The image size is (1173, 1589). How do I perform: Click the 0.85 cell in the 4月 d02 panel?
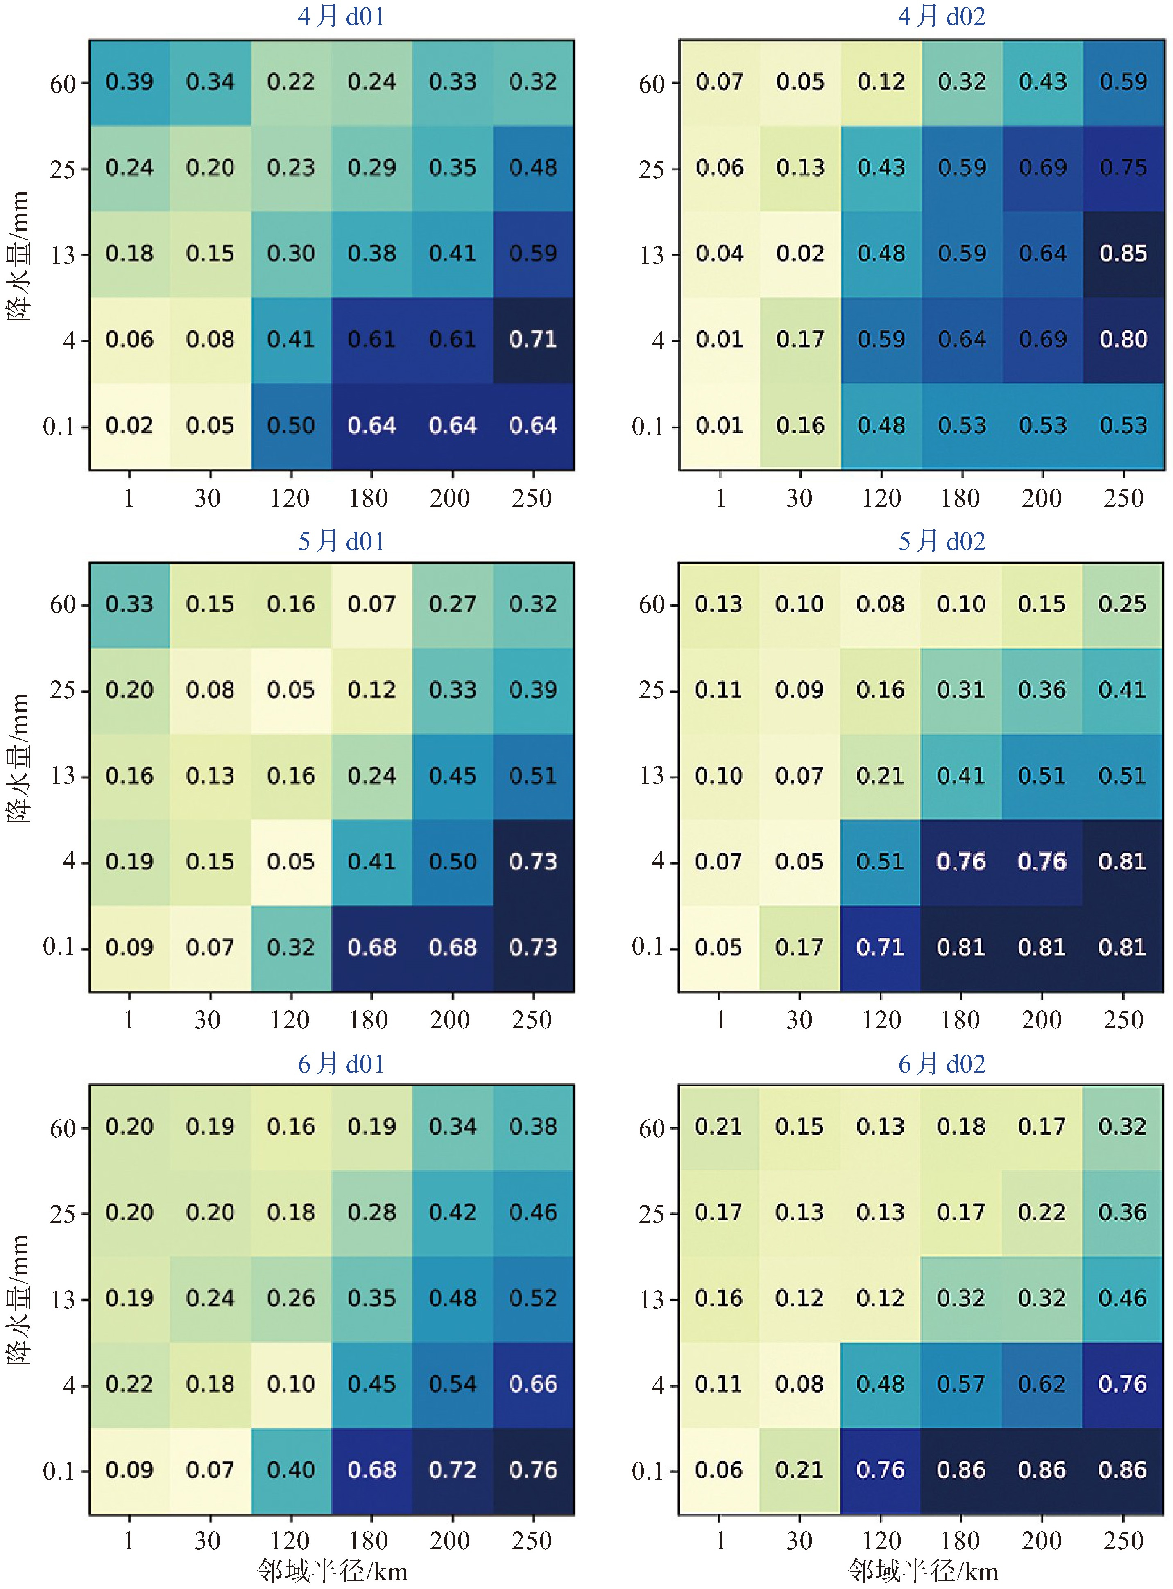pos(1123,254)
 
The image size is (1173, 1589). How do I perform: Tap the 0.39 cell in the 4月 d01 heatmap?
pos(129,81)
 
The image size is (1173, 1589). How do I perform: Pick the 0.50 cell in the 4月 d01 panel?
pos(291,425)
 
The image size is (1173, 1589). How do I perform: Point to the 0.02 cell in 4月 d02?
pos(800,254)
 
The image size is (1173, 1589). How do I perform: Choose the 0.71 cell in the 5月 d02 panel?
pos(881,947)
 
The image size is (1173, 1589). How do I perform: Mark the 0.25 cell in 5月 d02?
pos(1123,604)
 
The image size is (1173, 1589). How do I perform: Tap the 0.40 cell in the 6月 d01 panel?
pos(291,1470)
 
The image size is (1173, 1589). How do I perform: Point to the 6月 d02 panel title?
pos(942,1064)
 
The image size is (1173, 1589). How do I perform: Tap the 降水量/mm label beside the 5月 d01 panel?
pos(19,758)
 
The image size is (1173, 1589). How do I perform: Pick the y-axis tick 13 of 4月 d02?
pos(651,255)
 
